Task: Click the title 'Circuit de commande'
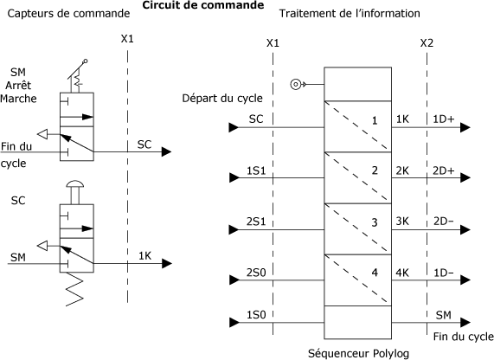point(203,5)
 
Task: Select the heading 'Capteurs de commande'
point(68,13)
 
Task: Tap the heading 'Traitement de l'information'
point(350,13)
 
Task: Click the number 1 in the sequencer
point(375,120)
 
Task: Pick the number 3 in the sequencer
point(375,222)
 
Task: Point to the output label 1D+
point(444,119)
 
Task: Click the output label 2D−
point(443,222)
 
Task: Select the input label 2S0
point(256,273)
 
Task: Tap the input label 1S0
point(256,315)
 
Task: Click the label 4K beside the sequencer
point(402,273)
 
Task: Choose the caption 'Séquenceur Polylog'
point(358,353)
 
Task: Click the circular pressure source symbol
point(295,85)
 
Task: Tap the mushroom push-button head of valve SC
point(74,183)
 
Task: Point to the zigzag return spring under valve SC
point(75,289)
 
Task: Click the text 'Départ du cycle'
point(222,98)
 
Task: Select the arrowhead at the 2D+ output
point(465,177)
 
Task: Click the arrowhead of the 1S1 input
point(234,177)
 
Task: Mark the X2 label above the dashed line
point(427,43)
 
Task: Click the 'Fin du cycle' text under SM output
point(464,337)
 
